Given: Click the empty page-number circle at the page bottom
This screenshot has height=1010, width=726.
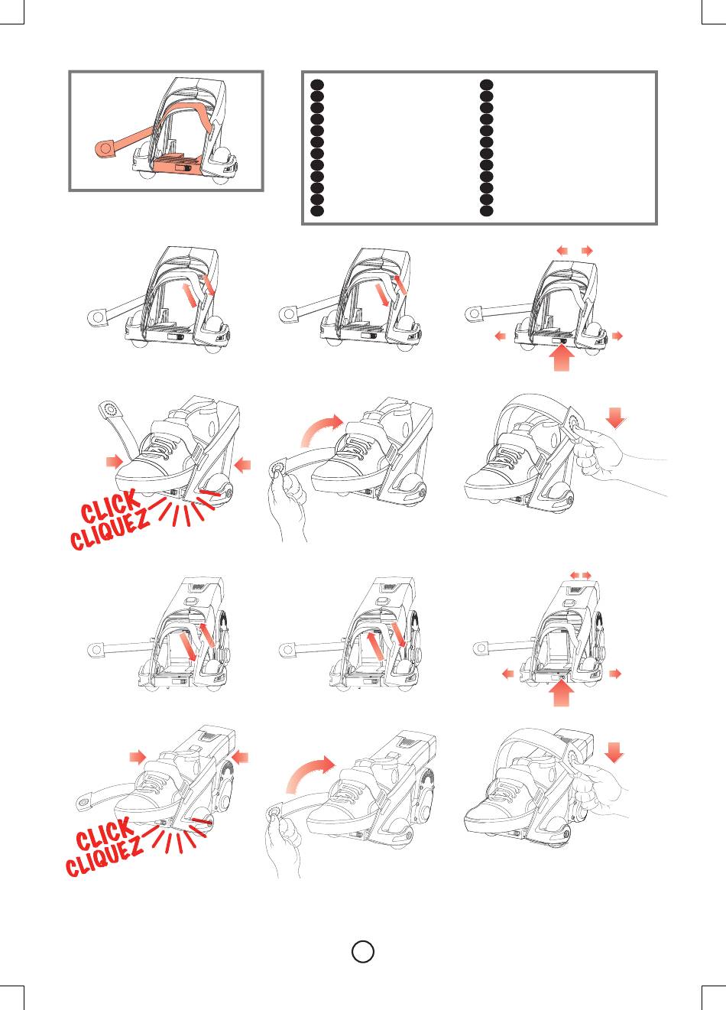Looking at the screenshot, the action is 363,951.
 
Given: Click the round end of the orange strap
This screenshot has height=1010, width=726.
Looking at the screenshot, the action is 105,149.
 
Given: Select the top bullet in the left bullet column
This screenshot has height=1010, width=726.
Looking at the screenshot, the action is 317,85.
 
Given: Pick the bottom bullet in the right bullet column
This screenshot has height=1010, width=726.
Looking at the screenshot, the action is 487,210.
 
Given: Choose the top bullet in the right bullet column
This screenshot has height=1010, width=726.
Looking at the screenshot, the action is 487,85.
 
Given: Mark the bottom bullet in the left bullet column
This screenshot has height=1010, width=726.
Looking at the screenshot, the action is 317,210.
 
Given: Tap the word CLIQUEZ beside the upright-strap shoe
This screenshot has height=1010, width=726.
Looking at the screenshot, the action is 109,529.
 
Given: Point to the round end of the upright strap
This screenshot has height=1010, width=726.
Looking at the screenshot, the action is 109,409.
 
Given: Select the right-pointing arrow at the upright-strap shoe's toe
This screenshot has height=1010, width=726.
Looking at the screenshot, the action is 114,461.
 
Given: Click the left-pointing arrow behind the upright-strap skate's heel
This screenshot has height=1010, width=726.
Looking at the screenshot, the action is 243,464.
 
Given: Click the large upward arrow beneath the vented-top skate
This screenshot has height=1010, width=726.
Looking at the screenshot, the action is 562,693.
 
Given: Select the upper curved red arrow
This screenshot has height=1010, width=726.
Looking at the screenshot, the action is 321,429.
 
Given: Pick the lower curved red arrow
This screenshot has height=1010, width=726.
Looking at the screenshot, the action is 310,775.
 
